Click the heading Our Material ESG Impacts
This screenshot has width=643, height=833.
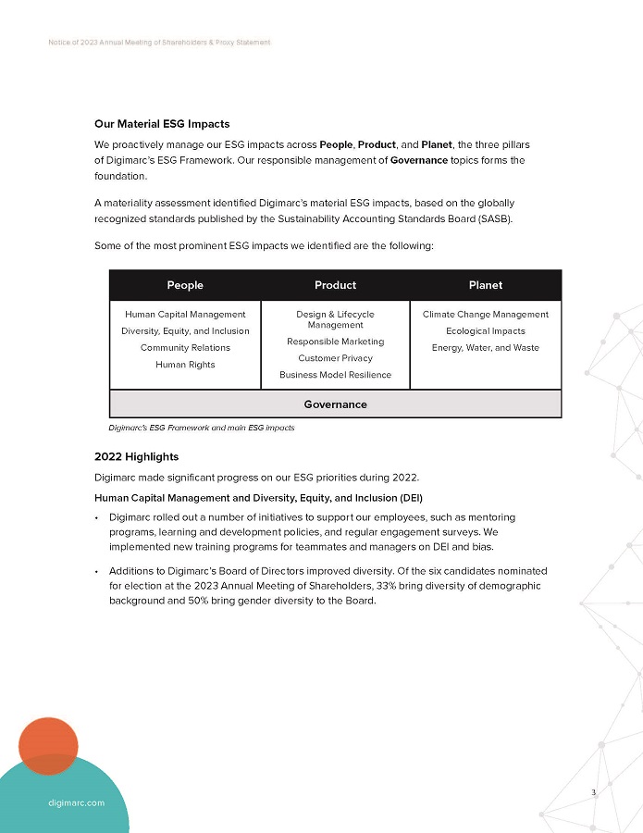coord(162,124)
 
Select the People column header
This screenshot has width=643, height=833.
coord(185,285)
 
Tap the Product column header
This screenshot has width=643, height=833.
coord(335,285)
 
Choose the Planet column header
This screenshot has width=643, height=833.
coord(485,285)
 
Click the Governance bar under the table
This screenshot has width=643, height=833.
coord(335,404)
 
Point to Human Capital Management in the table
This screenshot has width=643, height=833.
coord(185,315)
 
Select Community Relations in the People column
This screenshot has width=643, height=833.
coord(185,348)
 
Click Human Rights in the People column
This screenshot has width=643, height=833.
coord(185,365)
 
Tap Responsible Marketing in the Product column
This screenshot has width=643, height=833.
coord(335,342)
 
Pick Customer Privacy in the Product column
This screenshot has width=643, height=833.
coord(335,358)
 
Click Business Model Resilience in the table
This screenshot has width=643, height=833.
coord(335,375)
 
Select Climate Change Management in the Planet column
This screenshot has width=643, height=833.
coord(485,315)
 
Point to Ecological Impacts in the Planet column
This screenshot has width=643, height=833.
coord(485,331)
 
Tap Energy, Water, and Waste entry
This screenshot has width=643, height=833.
coord(485,348)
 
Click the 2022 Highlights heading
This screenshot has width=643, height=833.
coord(136,457)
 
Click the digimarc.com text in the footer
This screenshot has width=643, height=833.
coord(76,803)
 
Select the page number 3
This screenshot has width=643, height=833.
coord(594,792)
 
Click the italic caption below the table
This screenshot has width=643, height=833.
coord(201,428)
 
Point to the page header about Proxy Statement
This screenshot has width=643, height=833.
coord(159,44)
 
